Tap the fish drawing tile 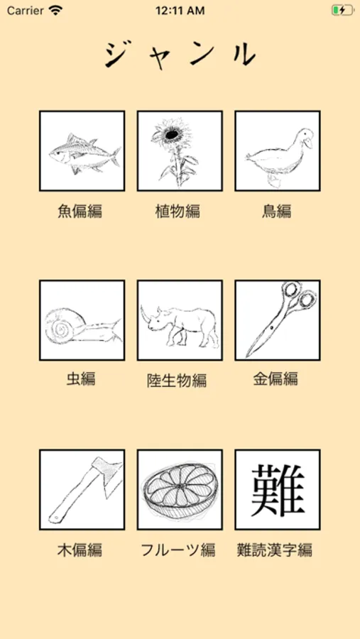tap(82, 151)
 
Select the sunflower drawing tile tap(180, 151)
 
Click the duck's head tap(305, 138)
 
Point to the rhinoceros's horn tap(144, 312)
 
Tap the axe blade tap(108, 475)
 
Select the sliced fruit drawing tap(180, 490)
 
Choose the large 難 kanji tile tap(278, 489)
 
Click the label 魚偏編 tap(80, 211)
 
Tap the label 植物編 tap(178, 211)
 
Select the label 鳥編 tap(276, 211)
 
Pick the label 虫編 tap(81, 379)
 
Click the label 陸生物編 tap(177, 381)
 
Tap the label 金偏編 tap(276, 379)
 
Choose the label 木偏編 tap(80, 550)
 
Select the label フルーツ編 tap(178, 550)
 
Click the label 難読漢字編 tap(275, 550)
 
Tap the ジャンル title tap(180, 55)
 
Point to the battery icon tap(342, 10)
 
